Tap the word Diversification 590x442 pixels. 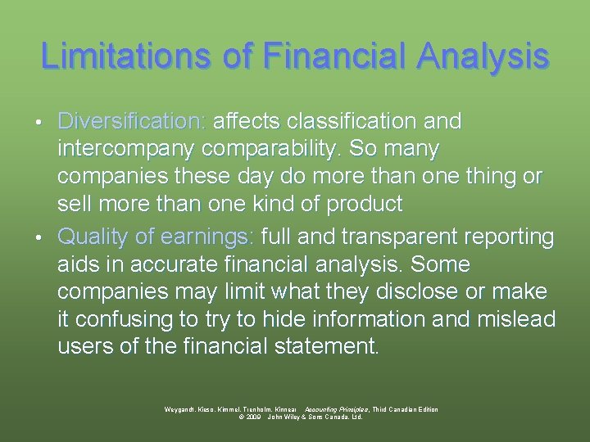131,122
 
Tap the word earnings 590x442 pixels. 208,237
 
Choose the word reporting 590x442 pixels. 510,237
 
